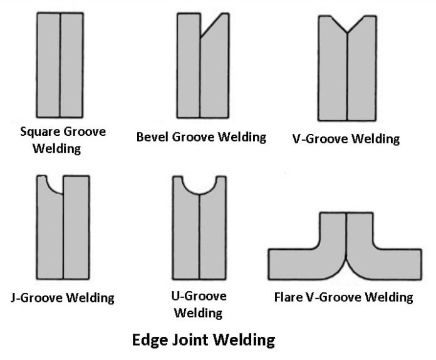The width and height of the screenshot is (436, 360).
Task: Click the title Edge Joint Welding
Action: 204,341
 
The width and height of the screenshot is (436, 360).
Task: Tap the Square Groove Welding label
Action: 63,141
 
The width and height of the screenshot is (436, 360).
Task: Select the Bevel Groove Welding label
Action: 201,136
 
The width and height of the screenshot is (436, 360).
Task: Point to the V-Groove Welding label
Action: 345,138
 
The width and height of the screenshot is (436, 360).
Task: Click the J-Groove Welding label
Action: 63,297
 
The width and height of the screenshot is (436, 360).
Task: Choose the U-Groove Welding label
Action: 199,304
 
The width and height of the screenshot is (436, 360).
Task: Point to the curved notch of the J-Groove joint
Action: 53,185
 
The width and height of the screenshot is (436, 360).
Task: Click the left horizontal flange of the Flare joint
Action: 294,264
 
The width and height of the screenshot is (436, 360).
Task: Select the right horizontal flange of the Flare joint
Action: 395,264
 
